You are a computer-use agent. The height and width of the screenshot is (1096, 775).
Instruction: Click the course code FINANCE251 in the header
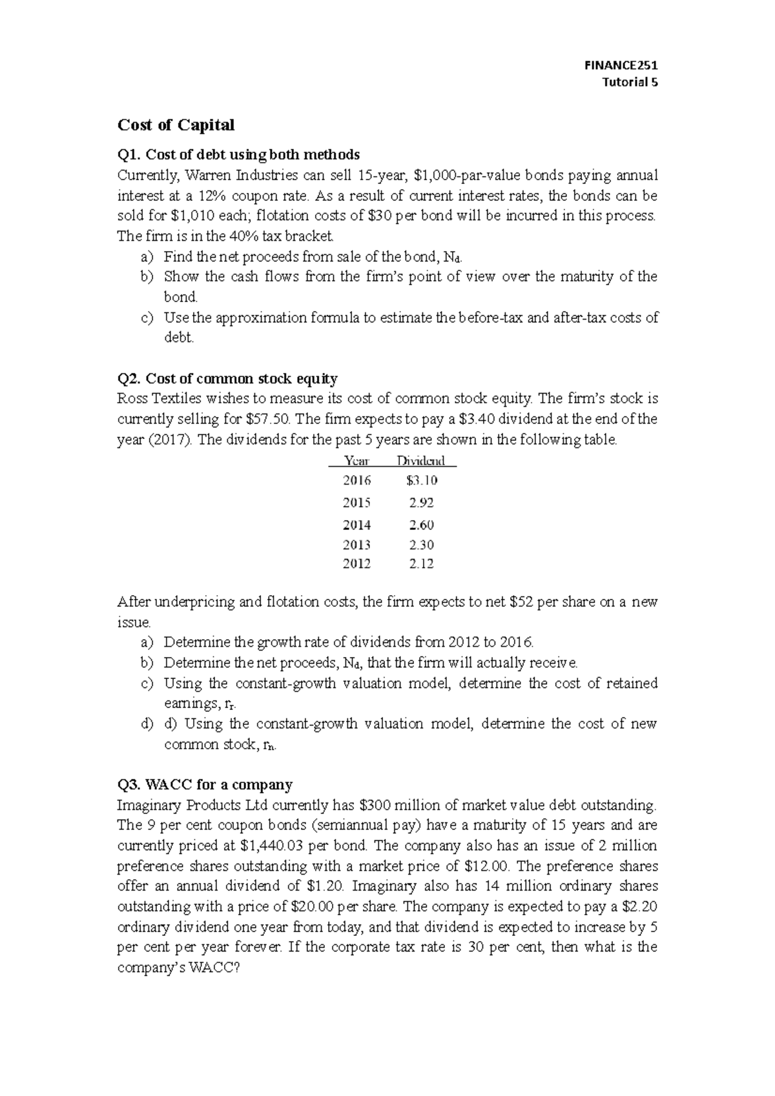pos(620,65)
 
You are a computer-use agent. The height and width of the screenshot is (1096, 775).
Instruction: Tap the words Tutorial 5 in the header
pos(629,82)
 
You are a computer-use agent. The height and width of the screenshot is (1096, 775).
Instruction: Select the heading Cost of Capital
pos(175,125)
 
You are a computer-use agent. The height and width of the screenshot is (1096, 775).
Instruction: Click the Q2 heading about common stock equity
pos(227,378)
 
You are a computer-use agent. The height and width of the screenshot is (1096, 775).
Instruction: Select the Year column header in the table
pos(357,461)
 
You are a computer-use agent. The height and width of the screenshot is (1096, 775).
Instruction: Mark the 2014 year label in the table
pos(357,525)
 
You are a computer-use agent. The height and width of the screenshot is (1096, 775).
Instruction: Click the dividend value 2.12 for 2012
pos(422,564)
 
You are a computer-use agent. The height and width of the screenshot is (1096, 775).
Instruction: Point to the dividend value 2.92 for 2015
pos(422,503)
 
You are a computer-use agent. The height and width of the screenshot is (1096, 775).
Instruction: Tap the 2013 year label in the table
pos(357,545)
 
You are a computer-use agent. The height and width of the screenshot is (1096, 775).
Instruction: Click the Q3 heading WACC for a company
pos(205,785)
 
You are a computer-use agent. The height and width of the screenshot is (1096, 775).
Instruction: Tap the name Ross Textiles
pos(155,399)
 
